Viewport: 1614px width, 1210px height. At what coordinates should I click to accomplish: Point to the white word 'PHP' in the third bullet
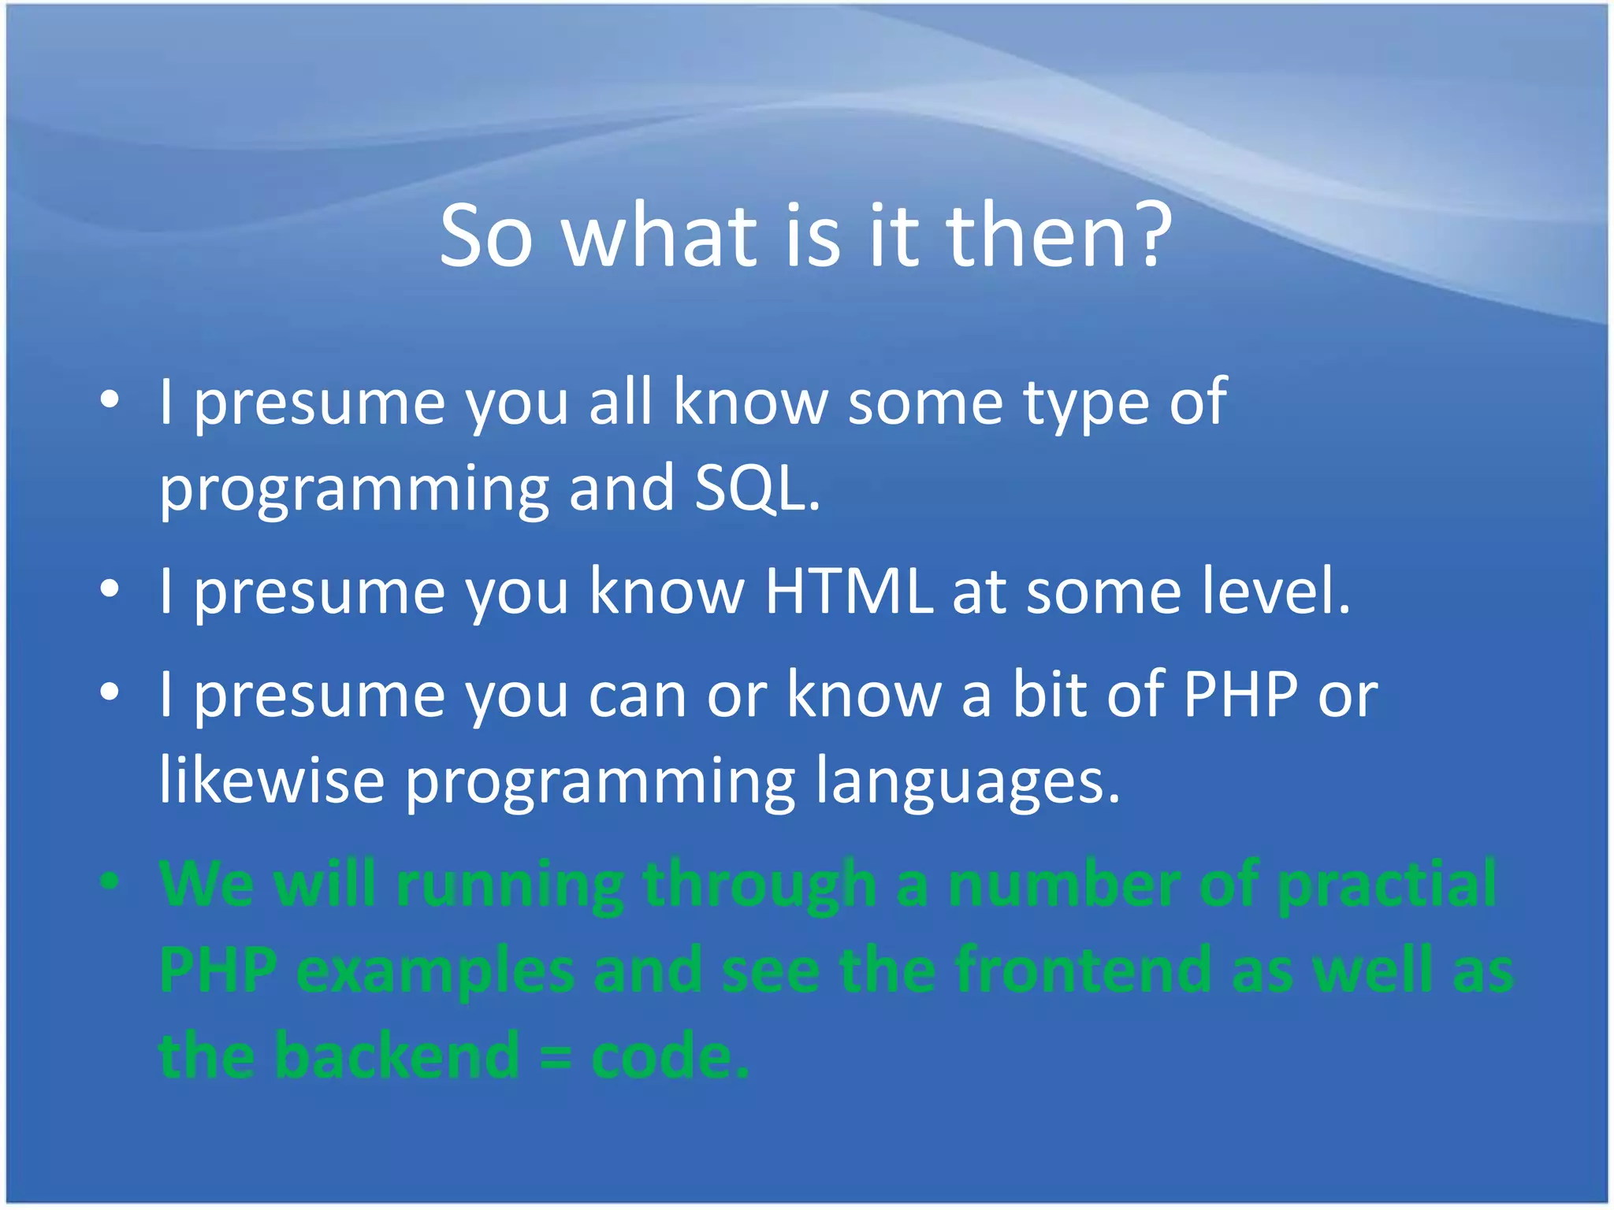[1240, 695]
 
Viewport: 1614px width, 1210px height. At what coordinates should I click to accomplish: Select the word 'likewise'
[272, 781]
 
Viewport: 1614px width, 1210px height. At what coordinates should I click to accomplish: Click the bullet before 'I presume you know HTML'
[110, 589]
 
